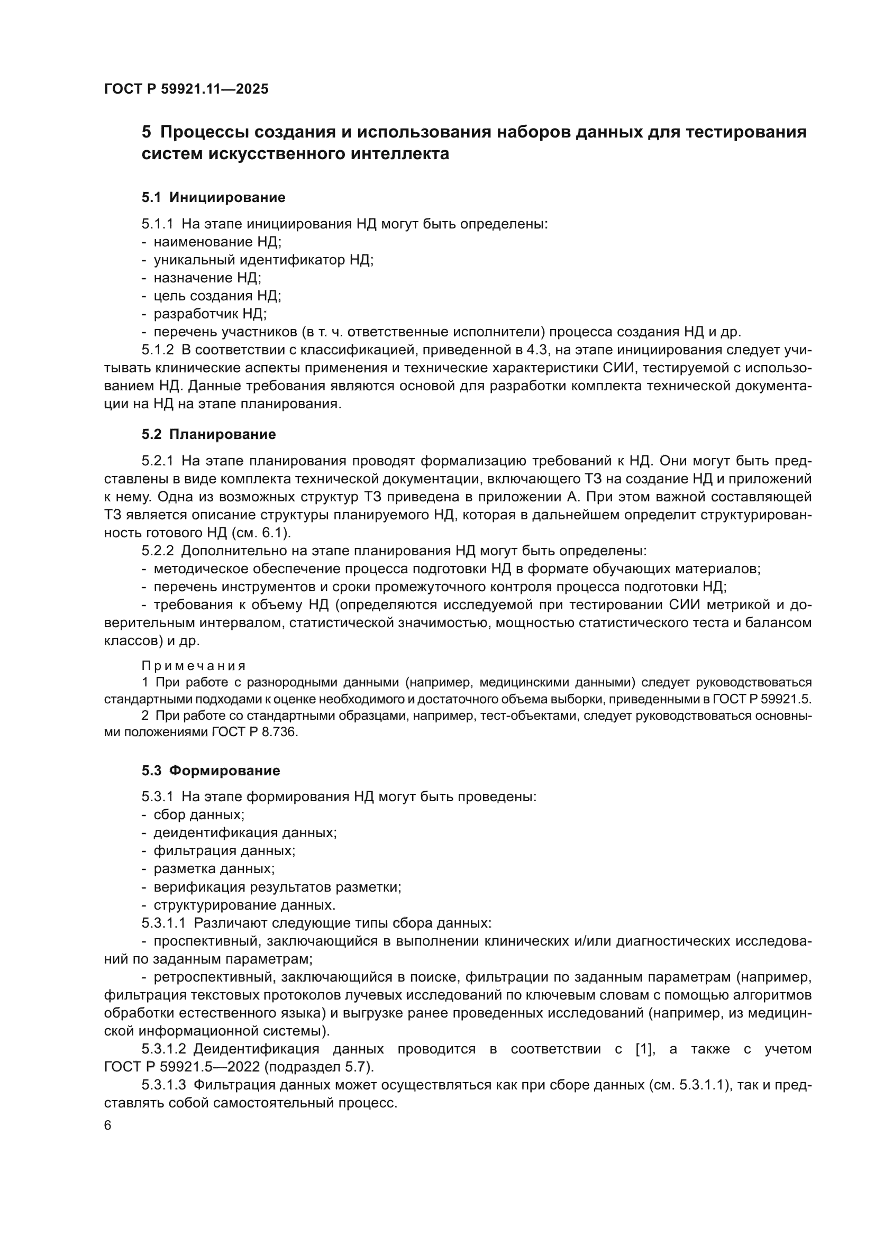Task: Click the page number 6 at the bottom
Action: (108, 1126)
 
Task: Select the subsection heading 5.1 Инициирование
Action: (213, 198)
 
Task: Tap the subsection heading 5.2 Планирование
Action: (208, 434)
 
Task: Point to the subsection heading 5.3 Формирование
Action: (211, 771)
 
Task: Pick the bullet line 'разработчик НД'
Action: (209, 314)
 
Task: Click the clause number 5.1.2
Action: (157, 350)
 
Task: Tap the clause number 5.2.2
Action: (157, 551)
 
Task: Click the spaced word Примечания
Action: (194, 666)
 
